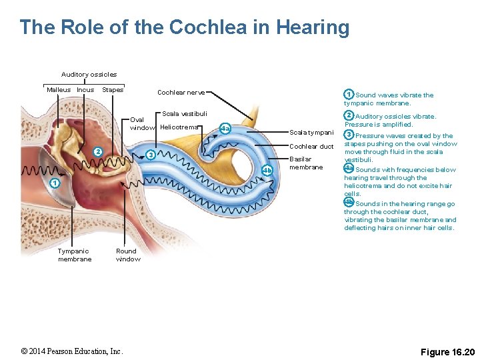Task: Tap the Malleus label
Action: [x=59, y=90]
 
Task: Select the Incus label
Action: [x=85, y=90]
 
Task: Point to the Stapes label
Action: [x=113, y=90]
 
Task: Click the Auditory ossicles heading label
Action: [x=89, y=75]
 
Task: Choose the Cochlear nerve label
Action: [x=181, y=93]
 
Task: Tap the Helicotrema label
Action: [x=179, y=127]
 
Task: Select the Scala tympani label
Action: [x=311, y=133]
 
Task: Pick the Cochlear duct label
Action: [x=311, y=147]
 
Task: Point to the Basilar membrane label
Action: [x=306, y=163]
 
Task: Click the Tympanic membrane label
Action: [x=75, y=255]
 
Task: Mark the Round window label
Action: [x=128, y=255]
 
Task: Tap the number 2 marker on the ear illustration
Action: [x=97, y=152]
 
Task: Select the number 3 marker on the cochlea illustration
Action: [x=151, y=155]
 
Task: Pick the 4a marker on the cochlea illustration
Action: [x=225, y=128]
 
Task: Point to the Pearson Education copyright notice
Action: [x=71, y=351]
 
